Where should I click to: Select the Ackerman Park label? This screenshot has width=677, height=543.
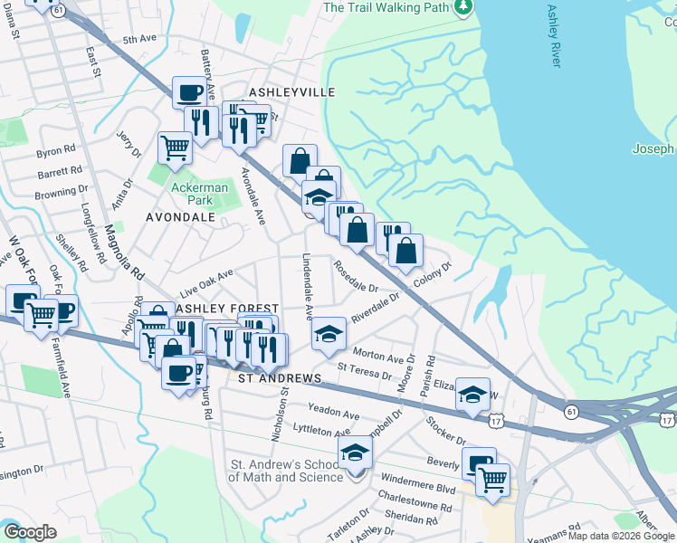[x=191, y=194]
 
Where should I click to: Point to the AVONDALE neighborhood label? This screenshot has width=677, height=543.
[x=180, y=217]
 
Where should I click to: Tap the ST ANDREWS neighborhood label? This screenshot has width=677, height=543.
[x=280, y=377]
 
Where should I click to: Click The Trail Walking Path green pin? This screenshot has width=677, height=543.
[x=463, y=7]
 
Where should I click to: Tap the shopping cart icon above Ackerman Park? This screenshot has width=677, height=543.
[x=175, y=147]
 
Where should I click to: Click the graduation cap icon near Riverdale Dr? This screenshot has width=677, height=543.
[x=329, y=335]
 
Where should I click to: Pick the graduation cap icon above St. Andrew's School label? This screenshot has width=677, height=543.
[x=356, y=452]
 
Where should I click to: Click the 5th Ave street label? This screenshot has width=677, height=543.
[x=140, y=40]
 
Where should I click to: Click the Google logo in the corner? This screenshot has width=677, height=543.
[x=30, y=532]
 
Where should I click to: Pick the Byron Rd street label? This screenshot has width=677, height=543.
[x=55, y=151]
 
